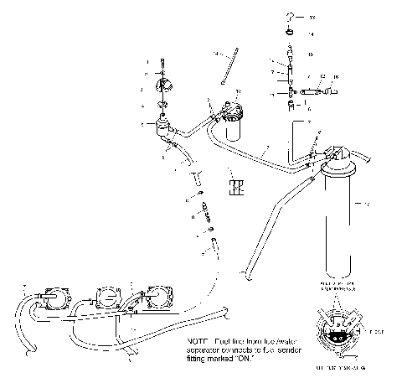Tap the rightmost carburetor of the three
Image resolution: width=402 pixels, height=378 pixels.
(158, 296)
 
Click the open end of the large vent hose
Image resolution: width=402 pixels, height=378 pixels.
(244, 272)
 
